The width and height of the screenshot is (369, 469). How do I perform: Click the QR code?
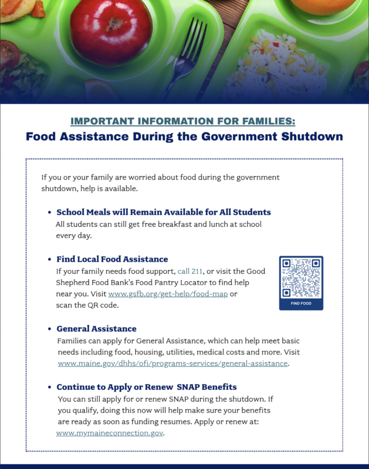coord(301,278)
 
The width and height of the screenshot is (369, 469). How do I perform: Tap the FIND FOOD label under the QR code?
coord(301,304)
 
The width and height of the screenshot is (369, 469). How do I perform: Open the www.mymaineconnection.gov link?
coord(110,433)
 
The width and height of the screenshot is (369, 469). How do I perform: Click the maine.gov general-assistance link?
coord(172,363)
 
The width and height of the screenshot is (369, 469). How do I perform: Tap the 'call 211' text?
coord(191,271)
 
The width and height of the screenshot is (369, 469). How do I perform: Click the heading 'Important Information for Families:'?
coord(183,121)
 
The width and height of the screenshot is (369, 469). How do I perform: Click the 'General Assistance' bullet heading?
coord(96,329)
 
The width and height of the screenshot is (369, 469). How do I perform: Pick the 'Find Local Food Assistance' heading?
coord(112,259)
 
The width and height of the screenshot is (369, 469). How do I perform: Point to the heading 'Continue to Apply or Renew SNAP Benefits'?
coord(147,387)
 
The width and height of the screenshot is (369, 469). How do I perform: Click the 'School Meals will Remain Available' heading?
coord(163,212)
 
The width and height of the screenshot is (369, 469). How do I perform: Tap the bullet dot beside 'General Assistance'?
coord(49,329)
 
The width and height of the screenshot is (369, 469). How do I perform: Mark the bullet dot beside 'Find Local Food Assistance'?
coord(49,260)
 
